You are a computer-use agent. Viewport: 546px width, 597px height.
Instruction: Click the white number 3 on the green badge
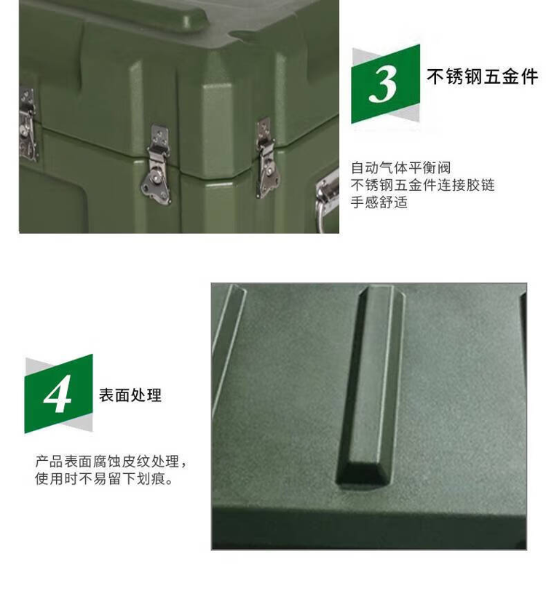coord(384,84)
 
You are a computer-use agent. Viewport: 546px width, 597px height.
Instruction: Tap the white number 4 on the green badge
coord(58,394)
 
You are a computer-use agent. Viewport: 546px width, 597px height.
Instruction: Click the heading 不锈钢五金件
coord(483,76)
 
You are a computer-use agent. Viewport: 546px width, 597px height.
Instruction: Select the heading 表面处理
coord(130,395)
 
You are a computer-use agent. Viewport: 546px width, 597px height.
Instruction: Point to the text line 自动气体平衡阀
coord(400,167)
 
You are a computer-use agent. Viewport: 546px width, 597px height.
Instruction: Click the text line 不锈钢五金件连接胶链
coord(423,185)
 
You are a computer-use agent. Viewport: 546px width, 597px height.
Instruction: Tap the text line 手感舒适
coord(379,202)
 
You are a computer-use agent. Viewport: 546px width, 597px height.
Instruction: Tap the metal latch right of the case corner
coord(267,157)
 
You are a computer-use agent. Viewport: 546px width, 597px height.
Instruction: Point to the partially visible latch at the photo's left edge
coord(28,124)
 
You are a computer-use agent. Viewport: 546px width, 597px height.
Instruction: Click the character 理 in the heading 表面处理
coord(154,395)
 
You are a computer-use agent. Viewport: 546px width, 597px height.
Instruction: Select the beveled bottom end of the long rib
coord(363,476)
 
